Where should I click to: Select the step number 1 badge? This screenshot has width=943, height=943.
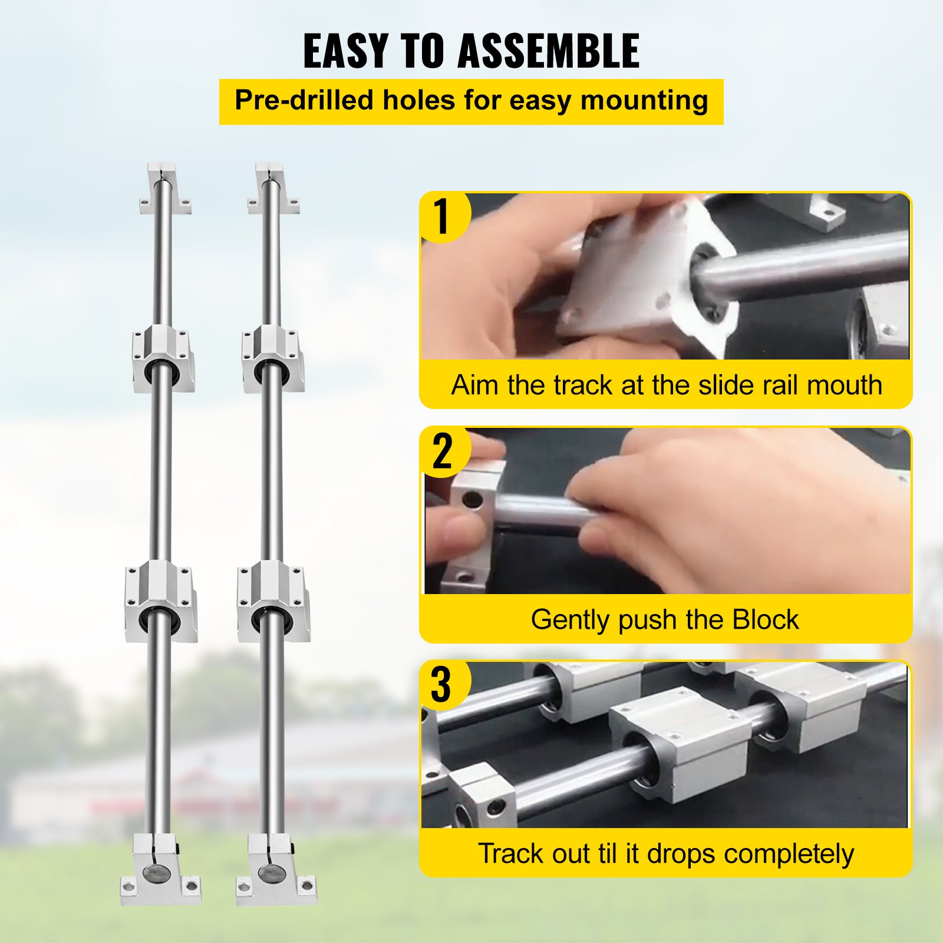(442, 216)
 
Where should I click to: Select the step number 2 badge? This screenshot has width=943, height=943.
(442, 451)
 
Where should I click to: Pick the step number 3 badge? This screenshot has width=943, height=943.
(441, 685)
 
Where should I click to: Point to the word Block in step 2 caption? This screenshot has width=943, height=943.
(765, 620)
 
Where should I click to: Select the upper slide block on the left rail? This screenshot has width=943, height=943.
(163, 358)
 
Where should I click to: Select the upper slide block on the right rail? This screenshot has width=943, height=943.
(272, 358)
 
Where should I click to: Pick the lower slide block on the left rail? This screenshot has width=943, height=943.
(160, 600)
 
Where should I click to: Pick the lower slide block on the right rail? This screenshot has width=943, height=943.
(273, 600)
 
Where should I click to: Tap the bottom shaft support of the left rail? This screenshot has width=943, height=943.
(160, 869)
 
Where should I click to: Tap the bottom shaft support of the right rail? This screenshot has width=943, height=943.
(275, 869)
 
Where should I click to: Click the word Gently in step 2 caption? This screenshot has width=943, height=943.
(570, 620)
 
